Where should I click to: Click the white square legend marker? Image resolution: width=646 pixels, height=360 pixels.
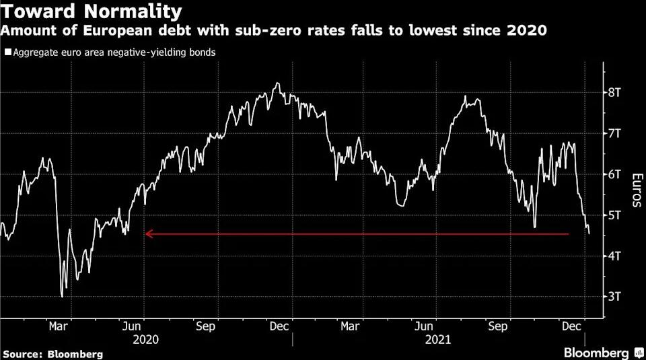[7, 52]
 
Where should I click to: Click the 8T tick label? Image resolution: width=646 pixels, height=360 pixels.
[614, 93]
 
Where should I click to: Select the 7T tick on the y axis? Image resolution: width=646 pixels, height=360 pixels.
[614, 133]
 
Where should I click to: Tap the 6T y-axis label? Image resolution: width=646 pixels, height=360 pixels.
[614, 174]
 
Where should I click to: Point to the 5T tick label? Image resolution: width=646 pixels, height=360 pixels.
[614, 215]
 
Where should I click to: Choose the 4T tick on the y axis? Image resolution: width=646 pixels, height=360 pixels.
[614, 256]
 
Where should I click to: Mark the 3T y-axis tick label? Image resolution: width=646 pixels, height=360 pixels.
[614, 296]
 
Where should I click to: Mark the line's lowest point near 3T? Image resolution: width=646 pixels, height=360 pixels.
[62, 296]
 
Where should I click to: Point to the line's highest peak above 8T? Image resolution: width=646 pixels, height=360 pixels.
[278, 83]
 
